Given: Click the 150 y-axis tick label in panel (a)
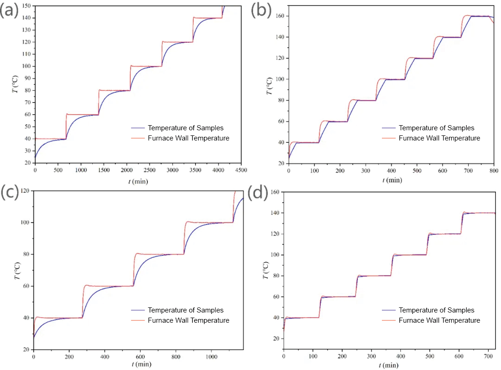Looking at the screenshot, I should click(x=26, y=6).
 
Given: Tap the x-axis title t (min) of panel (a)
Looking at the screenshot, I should click(x=138, y=180).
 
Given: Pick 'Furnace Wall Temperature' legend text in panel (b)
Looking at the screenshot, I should click(x=439, y=138).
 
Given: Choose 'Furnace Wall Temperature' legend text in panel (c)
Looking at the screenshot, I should click(x=189, y=320).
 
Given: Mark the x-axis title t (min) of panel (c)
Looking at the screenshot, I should click(x=138, y=364).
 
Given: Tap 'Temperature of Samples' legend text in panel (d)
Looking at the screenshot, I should click(x=437, y=310).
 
